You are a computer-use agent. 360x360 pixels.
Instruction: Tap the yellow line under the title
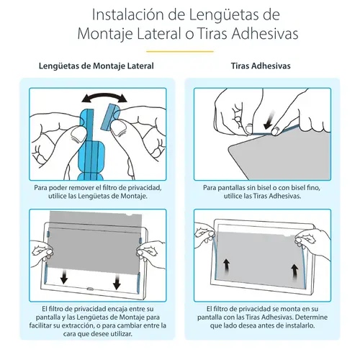179,50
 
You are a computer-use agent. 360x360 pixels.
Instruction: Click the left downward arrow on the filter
66,276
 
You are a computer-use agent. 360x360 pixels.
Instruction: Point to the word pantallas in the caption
225,187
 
